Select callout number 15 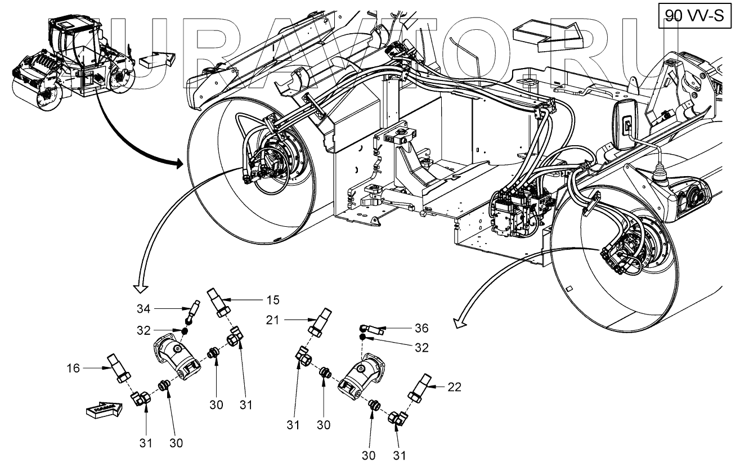(272, 299)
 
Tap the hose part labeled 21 (321, 322)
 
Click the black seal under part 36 (363, 337)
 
